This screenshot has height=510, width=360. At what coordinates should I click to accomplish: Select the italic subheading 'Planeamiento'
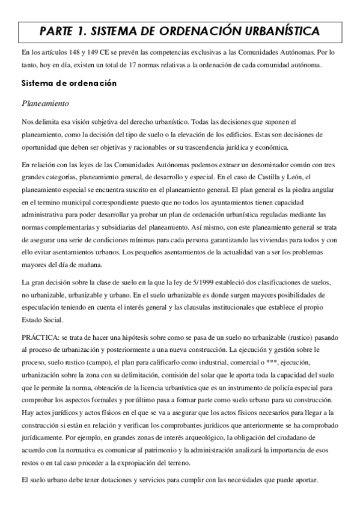(46, 103)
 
